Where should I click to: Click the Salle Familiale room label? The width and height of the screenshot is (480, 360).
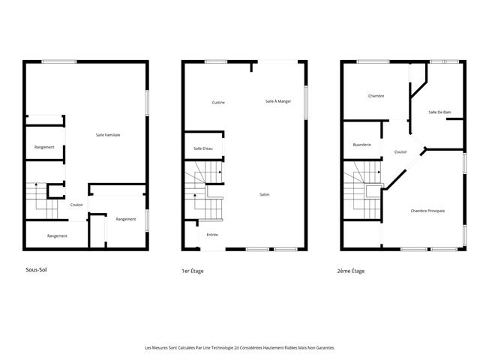[108, 135]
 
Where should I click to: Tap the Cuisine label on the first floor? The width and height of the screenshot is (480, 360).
[218, 102]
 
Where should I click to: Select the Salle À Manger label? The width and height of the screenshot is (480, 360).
[278, 100]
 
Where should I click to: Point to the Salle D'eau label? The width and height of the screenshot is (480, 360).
[203, 148]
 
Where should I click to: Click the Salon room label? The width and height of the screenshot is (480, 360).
[265, 195]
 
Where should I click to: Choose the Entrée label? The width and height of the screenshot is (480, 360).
[212, 235]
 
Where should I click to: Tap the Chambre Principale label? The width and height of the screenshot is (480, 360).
[427, 211]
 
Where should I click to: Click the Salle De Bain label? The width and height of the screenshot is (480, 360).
[439, 112]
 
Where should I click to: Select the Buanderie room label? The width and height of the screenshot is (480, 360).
[362, 144]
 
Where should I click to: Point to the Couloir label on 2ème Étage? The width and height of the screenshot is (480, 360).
[400, 151]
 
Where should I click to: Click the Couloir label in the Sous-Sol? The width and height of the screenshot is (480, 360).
[76, 205]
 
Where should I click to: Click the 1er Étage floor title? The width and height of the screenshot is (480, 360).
[193, 270]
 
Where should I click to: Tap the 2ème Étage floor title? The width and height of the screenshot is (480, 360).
[351, 270]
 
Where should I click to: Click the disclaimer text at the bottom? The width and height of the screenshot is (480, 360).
[240, 348]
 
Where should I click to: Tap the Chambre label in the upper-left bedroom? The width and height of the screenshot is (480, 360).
[376, 96]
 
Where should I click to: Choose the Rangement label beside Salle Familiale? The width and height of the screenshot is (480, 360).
[44, 147]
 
